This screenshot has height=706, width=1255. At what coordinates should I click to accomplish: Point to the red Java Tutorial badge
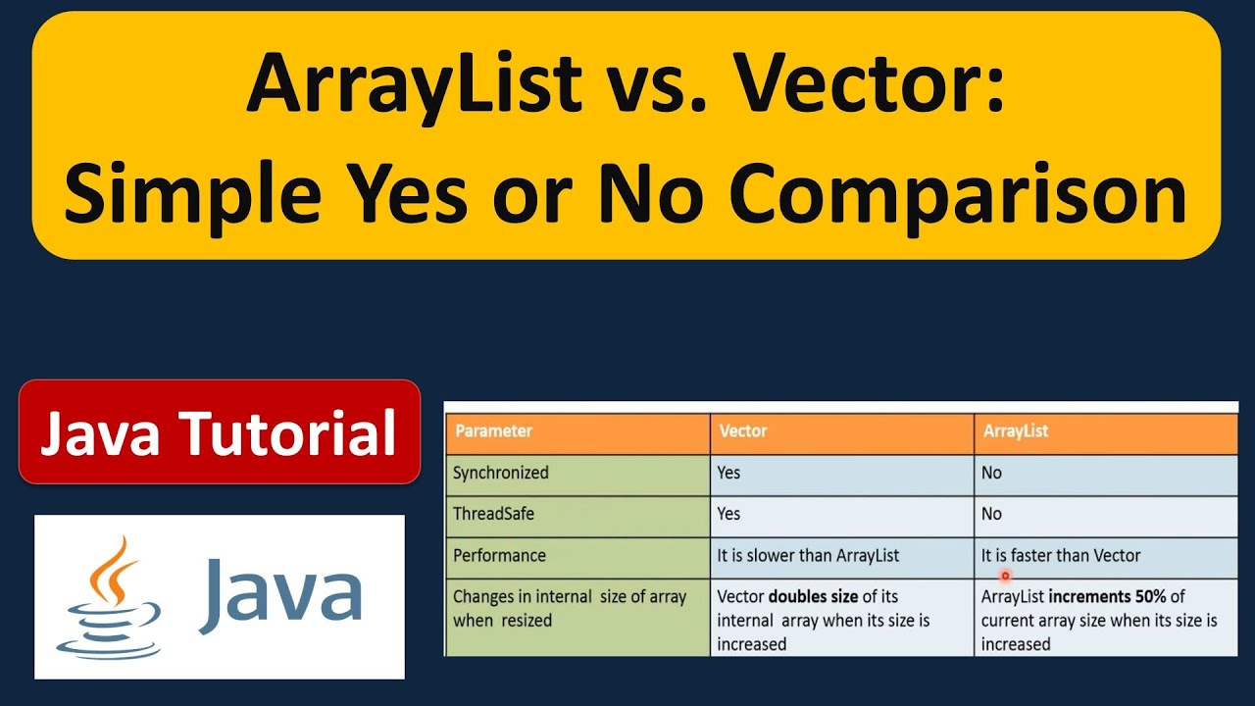219,432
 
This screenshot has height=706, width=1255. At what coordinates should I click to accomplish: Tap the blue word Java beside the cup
279,595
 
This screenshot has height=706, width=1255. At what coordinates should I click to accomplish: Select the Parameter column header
493,430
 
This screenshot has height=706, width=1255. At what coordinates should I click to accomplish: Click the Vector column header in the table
742,430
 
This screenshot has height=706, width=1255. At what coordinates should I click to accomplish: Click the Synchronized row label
500,473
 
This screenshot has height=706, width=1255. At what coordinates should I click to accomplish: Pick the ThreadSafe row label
493,514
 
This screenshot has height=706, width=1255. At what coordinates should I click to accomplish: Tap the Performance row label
499,555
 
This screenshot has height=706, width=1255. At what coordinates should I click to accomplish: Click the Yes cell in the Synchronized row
728,473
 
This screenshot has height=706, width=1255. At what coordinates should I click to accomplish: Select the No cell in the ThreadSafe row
991,514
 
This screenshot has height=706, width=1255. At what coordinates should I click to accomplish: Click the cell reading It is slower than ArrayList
808,555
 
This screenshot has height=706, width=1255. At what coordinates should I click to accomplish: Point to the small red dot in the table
1005,577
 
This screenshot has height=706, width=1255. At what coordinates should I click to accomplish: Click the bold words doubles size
813,596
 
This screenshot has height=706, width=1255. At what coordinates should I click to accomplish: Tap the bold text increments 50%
1107,596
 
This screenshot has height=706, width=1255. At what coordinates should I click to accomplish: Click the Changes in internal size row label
569,608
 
